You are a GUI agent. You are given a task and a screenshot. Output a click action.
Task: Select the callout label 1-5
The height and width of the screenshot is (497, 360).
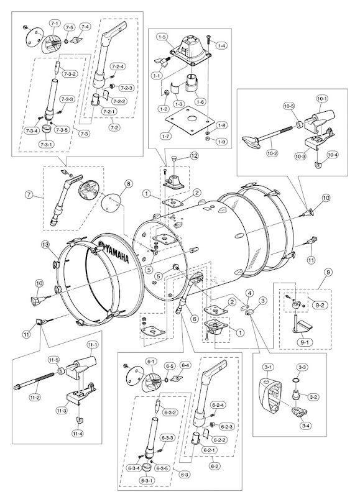[x=162, y=37]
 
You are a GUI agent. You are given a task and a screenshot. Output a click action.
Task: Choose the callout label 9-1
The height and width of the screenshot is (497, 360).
[x=300, y=342]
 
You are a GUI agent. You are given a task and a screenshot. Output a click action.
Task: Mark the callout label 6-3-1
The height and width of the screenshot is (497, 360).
[x=147, y=480]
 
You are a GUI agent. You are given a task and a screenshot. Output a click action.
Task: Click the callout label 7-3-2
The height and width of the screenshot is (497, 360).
[x=70, y=73]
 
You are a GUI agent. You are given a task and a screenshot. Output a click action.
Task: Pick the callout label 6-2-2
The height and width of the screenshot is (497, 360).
[x=219, y=440]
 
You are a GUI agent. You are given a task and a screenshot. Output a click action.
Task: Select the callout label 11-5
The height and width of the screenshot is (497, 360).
[x=53, y=360]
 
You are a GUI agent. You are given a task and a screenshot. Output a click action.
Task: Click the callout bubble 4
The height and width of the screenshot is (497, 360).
[x=250, y=293]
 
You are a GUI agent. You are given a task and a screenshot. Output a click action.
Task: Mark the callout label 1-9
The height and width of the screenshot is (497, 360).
[x=222, y=142]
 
